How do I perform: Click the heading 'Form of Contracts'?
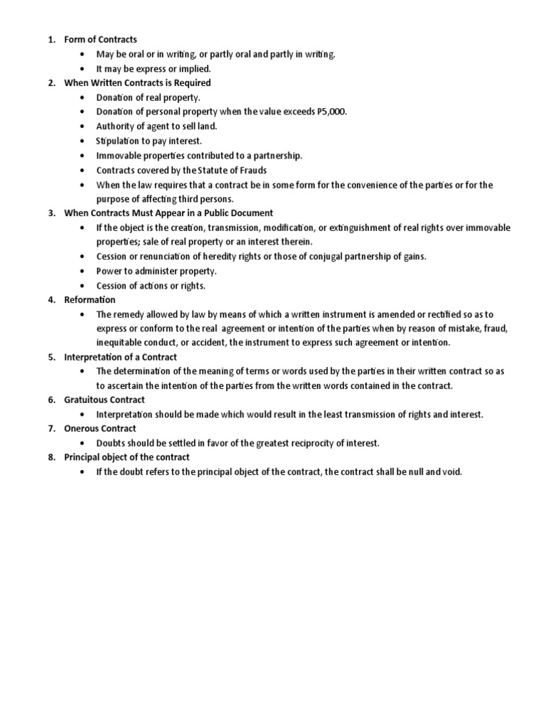pyautogui.click(x=100, y=40)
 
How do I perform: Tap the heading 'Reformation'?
pyautogui.click(x=90, y=299)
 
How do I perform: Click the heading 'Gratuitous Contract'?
pyautogui.click(x=105, y=400)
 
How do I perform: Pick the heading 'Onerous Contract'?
pyautogui.click(x=100, y=429)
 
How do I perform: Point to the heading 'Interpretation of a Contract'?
pyautogui.click(x=120, y=357)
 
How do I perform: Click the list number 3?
pyautogui.click(x=51, y=213)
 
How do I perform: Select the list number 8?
pyautogui.click(x=51, y=457)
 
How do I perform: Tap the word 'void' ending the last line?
pyautogui.click(x=453, y=472)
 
